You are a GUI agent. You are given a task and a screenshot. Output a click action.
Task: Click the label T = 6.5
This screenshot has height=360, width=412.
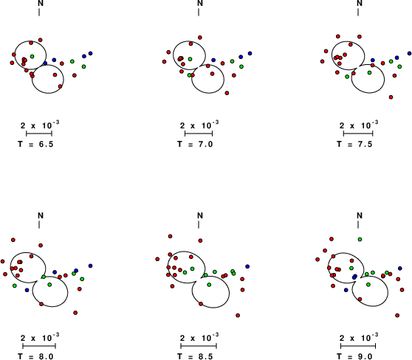click(35, 144)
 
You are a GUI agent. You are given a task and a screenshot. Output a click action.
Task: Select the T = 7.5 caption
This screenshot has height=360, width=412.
click(354, 144)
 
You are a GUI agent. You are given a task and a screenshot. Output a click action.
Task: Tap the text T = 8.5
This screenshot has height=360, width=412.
click(195, 356)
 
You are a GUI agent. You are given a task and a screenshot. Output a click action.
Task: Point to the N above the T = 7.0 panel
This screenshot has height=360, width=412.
click(200, 4)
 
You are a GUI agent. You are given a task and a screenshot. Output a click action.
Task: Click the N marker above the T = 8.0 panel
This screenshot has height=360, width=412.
click(41, 215)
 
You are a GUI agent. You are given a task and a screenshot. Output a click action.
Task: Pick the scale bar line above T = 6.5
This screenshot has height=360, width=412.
click(39, 134)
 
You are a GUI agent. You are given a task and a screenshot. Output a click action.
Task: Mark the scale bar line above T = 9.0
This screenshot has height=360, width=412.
click(358, 346)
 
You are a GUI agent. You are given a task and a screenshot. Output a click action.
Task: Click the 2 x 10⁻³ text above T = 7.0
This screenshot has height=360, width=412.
click(199, 125)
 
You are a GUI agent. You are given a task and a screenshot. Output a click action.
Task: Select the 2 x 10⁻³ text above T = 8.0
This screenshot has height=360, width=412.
click(40, 337)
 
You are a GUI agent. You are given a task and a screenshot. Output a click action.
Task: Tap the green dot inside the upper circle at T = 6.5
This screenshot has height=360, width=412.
click(32, 56)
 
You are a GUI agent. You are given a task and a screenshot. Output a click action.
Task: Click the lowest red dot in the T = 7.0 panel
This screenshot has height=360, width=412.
click(227, 93)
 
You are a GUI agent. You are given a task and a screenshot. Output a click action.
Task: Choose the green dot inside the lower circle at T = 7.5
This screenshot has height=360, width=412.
click(369, 72)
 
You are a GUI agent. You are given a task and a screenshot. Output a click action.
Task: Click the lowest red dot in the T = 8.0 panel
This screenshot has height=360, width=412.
click(75, 313)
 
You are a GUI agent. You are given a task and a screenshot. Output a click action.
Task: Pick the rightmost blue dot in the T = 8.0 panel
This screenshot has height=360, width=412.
click(91, 266)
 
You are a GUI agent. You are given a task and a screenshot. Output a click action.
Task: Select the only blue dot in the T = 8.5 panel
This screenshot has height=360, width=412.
click(247, 266)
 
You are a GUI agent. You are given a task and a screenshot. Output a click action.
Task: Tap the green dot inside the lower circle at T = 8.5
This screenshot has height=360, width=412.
click(209, 285)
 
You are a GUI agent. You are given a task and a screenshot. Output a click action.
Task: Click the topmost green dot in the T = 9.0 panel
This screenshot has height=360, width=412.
click(360, 239)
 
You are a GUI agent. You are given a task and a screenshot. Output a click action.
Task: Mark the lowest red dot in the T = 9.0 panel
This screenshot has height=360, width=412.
click(397, 315)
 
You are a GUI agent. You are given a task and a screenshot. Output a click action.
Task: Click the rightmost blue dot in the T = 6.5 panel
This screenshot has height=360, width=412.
click(91, 53)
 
